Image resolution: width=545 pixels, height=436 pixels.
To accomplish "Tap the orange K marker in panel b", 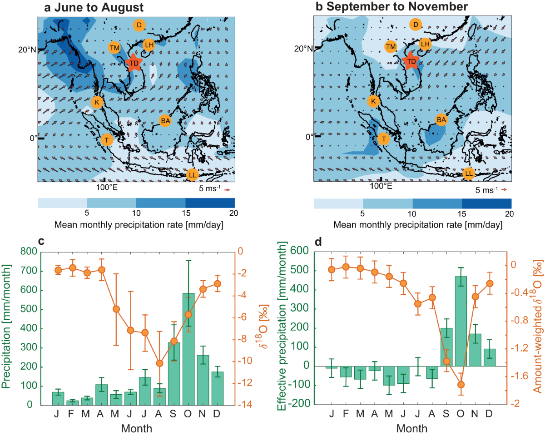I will (373, 101).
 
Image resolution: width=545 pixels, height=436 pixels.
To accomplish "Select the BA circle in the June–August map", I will (165, 121).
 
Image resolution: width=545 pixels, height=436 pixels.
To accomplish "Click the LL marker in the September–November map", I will (469, 173).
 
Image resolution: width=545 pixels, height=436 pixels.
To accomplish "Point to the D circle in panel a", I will (139, 25).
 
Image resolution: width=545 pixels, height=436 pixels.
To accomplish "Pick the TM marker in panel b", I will (391, 46).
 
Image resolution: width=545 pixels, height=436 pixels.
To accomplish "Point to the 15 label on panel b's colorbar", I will (462, 213).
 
